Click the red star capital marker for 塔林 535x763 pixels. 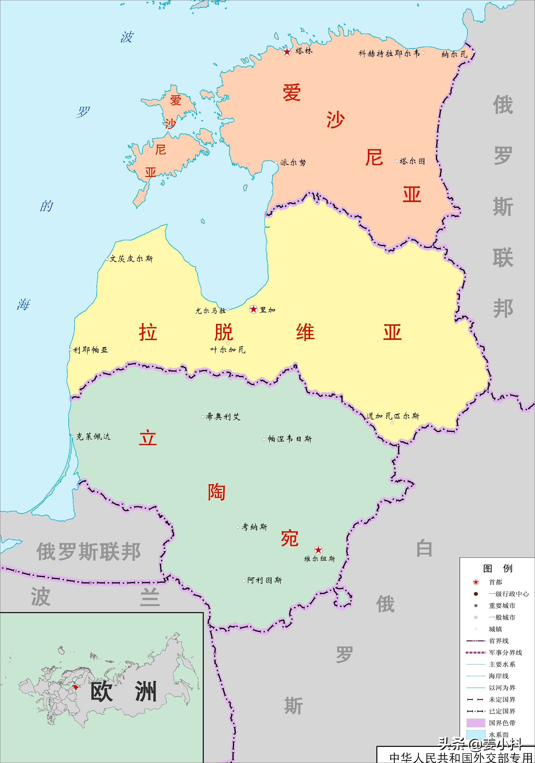point(287,52)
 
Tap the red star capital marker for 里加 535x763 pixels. point(253,309)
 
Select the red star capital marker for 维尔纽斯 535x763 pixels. point(318,550)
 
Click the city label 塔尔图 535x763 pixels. point(412,161)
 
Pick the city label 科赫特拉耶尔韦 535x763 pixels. point(389,54)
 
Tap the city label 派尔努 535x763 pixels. point(293,162)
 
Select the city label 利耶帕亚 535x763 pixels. point(90,350)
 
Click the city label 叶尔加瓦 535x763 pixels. point(228,350)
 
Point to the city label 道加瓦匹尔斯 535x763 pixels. point(393,416)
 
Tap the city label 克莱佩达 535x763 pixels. point(93,436)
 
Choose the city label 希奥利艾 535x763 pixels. point(223,417)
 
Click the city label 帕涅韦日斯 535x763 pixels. point(290,439)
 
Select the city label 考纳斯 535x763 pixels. point(254,527)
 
